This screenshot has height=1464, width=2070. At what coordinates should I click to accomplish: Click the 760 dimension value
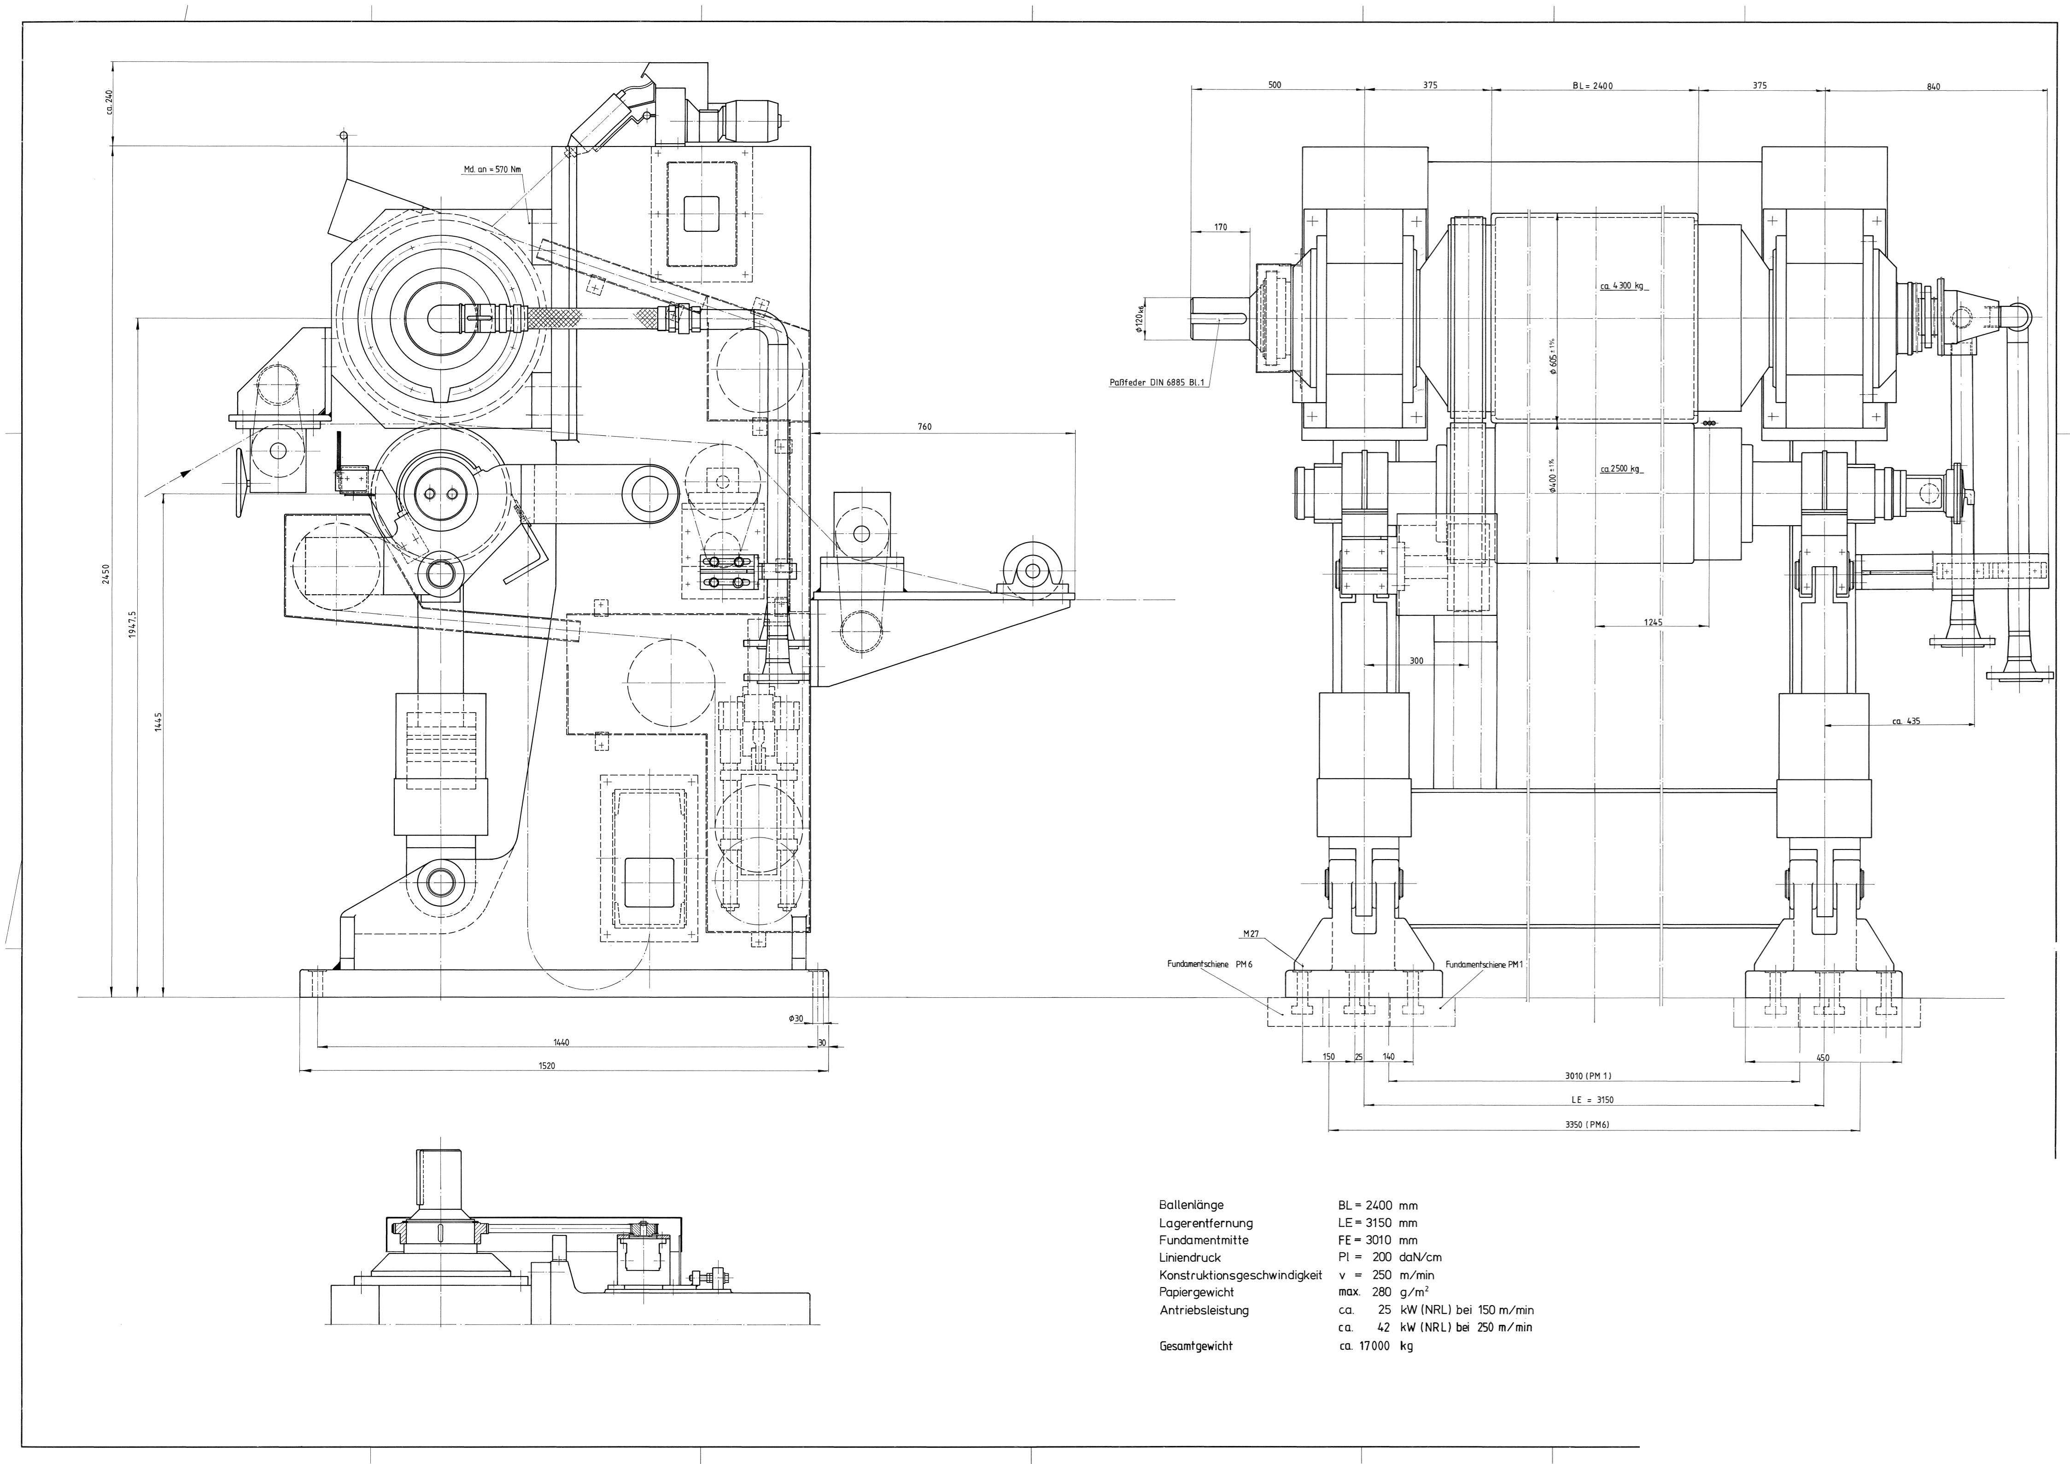(924, 427)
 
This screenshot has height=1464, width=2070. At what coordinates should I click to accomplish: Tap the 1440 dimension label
(561, 1042)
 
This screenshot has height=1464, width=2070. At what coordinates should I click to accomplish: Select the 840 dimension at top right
(1932, 87)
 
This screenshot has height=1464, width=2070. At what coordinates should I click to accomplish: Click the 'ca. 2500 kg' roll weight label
(1619, 469)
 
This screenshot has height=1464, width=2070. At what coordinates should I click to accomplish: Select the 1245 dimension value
(1653, 622)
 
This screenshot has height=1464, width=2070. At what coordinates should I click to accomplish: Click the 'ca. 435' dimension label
(1906, 720)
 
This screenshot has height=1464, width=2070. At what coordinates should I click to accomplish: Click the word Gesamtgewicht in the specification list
(1195, 1346)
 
